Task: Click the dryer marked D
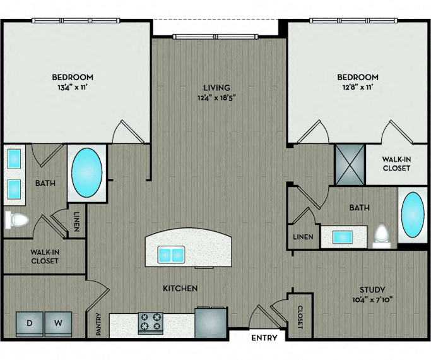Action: tap(30, 324)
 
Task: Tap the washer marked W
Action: tap(58, 324)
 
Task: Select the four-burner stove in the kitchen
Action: tap(151, 323)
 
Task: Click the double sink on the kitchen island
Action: tap(171, 255)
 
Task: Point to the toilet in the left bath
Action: tap(16, 220)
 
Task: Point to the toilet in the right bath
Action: tap(382, 234)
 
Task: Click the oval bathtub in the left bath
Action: tap(87, 172)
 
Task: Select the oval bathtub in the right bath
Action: tap(413, 215)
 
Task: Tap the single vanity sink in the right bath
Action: tap(343, 237)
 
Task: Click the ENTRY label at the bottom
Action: tap(264, 337)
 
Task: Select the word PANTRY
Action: tap(98, 324)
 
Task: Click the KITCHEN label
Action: tap(180, 288)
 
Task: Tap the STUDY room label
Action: tap(372, 290)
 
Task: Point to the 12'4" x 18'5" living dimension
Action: tap(217, 98)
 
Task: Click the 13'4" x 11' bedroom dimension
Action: tap(73, 87)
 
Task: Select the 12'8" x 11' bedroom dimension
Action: tap(358, 87)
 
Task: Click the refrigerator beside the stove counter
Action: tap(211, 322)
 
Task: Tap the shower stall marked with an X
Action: tap(350, 164)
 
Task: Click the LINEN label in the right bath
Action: tap(303, 237)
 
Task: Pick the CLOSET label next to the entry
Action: tap(300, 317)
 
